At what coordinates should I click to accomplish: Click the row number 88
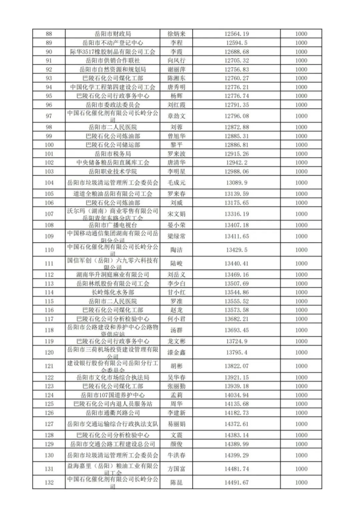click(48, 34)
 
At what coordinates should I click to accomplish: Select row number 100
click(48, 145)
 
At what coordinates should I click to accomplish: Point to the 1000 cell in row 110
click(301, 250)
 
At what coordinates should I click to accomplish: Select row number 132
click(48, 482)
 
